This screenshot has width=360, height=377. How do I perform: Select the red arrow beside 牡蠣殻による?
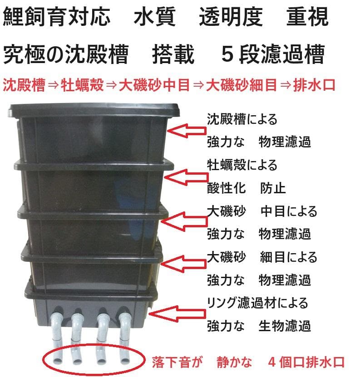coord(183,176)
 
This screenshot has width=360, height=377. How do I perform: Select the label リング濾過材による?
coord(257,302)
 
